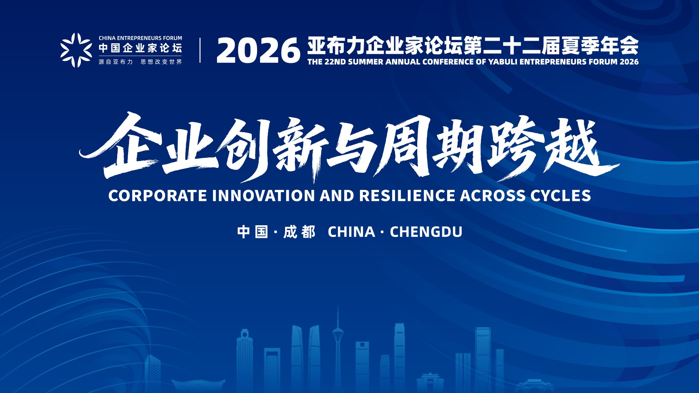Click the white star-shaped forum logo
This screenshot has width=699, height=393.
(x=76, y=50)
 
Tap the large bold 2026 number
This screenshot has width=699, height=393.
(x=258, y=51)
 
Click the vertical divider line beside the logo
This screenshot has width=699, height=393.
(x=200, y=50)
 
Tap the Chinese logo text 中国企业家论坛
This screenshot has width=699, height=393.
(x=141, y=48)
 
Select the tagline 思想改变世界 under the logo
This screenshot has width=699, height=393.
(x=161, y=62)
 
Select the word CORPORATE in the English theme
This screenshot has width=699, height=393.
(x=158, y=195)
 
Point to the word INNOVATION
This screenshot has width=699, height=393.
(x=264, y=195)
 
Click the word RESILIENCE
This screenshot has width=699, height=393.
(x=407, y=195)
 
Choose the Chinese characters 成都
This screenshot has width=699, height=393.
(x=299, y=232)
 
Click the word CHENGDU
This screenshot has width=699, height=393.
(x=426, y=232)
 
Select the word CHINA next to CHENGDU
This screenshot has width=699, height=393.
(x=351, y=232)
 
